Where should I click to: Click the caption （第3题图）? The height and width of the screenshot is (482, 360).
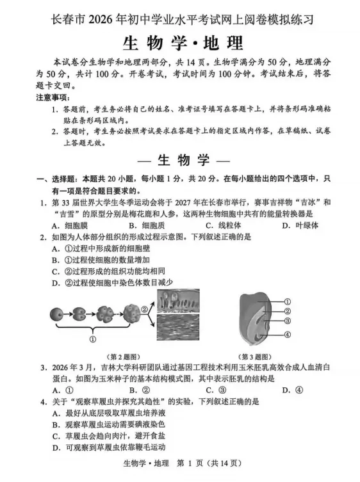click(x=258, y=356)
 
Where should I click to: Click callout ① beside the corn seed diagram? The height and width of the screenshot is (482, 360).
click(x=288, y=301)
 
